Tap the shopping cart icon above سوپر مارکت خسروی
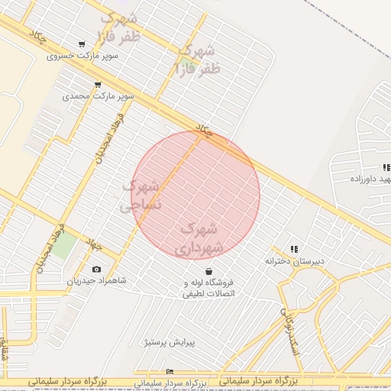pyautogui.click(x=82, y=44)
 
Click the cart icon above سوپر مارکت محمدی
pyautogui.click(x=97, y=84)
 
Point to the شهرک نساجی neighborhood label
pyautogui.click(x=141, y=195)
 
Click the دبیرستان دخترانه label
pyautogui.click(x=295, y=261)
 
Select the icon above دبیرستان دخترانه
pyautogui.click(x=294, y=249)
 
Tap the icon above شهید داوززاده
pyautogui.click(x=386, y=167)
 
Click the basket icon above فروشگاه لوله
pyautogui.click(x=208, y=271)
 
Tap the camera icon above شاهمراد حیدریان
pyautogui.click(x=96, y=269)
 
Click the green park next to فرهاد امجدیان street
pyautogui.click(x=64, y=245)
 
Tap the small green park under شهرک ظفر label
pyautogui.click(x=186, y=60)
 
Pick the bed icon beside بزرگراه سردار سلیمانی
pyautogui.click(x=170, y=372)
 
